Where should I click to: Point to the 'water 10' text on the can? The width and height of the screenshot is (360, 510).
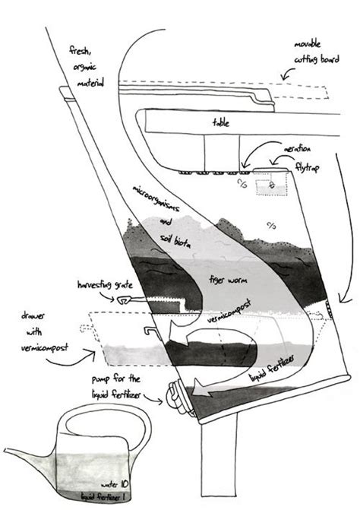(x=115, y=484)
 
